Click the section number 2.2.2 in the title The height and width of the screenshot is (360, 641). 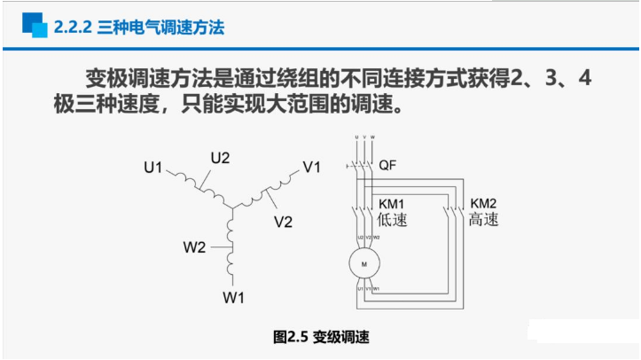click(74, 27)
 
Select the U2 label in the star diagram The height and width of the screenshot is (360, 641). click(220, 159)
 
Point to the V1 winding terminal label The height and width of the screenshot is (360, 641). click(312, 167)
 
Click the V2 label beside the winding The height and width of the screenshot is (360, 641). click(283, 222)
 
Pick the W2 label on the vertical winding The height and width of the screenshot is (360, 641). click(195, 247)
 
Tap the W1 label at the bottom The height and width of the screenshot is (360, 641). click(233, 297)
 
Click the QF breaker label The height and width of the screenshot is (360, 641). click(387, 166)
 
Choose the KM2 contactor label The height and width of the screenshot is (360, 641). click(484, 203)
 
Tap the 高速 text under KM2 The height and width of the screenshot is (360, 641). click(484, 219)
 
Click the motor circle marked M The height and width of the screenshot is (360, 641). click(362, 262)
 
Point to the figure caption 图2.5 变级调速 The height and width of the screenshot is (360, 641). click(320, 337)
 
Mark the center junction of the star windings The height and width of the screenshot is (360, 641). click(231, 209)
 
